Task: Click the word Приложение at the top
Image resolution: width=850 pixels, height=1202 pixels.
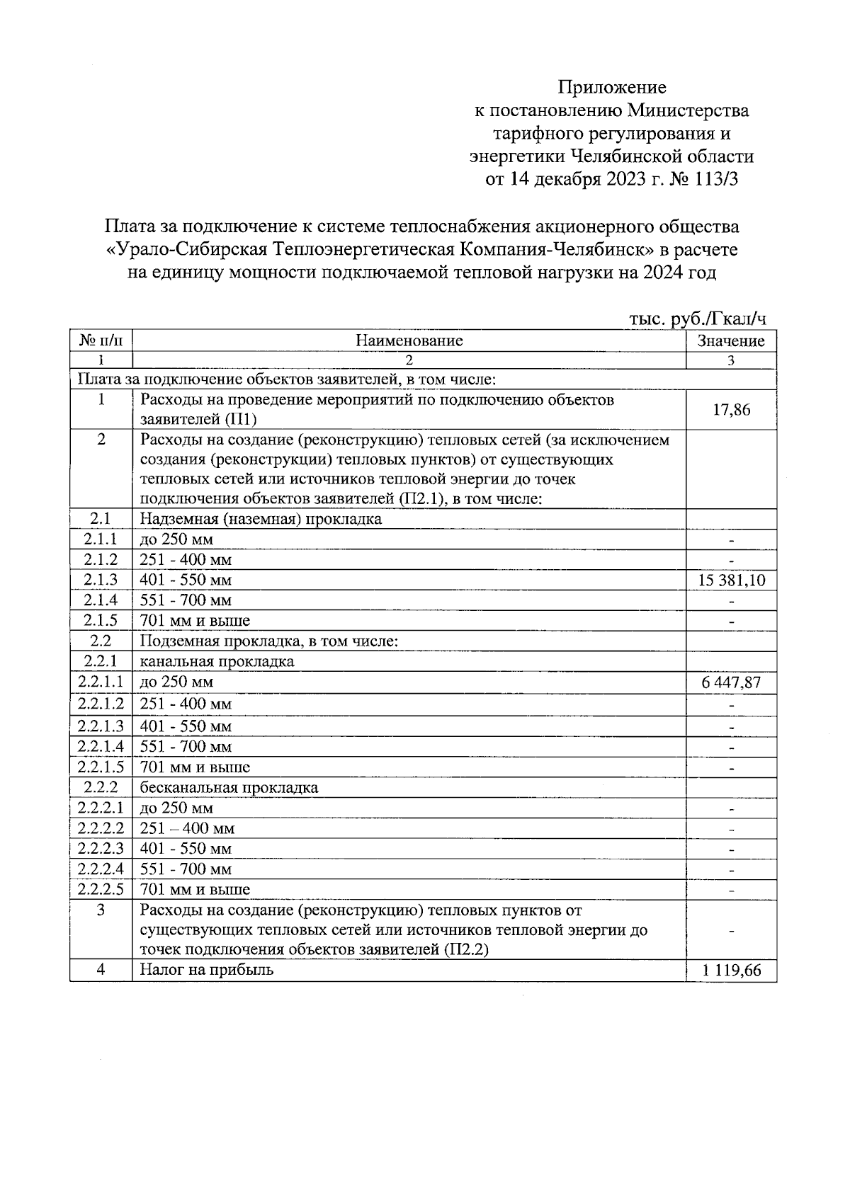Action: [612, 88]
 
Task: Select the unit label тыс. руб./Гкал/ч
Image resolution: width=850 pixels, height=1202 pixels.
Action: [698, 320]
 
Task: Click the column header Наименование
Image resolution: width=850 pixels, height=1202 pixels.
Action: [409, 340]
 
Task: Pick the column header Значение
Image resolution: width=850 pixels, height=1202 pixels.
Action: [731, 340]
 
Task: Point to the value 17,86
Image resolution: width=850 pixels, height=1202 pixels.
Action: [731, 410]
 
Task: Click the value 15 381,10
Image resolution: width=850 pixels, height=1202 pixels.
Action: [731, 581]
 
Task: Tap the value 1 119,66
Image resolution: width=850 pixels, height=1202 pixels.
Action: [731, 971]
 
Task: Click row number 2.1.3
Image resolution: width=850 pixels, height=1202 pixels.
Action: [101, 580]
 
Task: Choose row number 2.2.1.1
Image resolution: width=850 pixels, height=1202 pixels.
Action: [101, 682]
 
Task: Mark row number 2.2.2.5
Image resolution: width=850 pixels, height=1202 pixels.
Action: [101, 889]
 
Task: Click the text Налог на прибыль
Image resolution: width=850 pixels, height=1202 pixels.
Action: [207, 970]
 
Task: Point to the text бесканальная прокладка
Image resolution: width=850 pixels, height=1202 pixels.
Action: [229, 787]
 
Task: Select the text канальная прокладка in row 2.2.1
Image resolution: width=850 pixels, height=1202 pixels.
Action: [217, 662]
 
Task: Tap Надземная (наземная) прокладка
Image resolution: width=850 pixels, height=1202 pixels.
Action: [261, 519]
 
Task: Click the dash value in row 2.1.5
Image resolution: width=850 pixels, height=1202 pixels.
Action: [731, 622]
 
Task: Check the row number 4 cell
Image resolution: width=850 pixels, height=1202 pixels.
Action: [101, 970]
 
